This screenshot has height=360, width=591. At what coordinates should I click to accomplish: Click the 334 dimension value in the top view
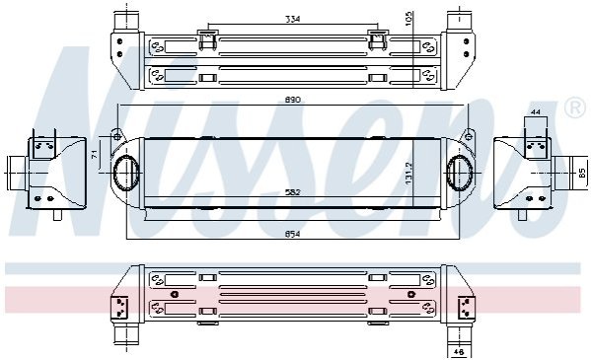[x=292, y=19]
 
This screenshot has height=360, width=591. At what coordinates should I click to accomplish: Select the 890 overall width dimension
[x=292, y=100]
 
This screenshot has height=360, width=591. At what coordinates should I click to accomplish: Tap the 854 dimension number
[x=292, y=234]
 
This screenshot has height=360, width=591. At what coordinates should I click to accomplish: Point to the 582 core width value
[x=292, y=192]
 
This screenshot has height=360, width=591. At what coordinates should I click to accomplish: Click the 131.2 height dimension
[x=408, y=174]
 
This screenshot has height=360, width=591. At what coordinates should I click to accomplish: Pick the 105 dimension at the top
[x=409, y=18]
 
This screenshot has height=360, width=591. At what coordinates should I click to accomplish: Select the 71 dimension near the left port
[x=95, y=153]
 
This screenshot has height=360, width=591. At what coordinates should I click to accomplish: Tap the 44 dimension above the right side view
[x=535, y=112]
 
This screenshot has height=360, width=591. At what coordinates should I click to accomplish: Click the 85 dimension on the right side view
[x=582, y=173]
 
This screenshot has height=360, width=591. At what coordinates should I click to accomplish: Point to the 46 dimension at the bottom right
[x=459, y=352]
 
